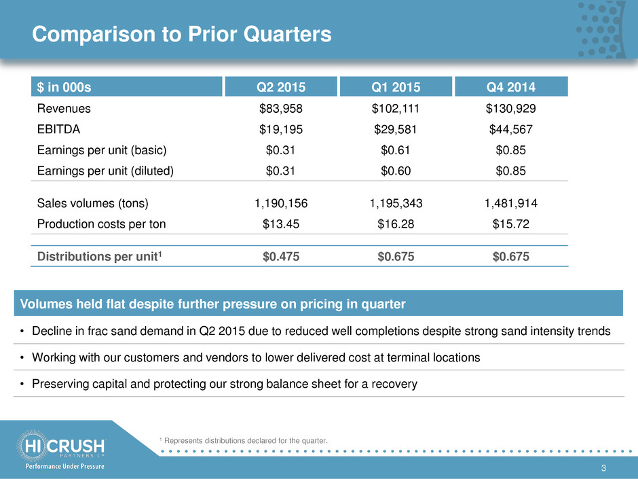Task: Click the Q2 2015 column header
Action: (281, 87)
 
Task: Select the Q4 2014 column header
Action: (511, 87)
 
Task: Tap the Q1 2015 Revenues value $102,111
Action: (396, 108)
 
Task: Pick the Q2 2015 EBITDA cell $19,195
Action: (281, 129)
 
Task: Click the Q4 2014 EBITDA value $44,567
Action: (510, 129)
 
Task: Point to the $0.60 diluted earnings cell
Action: (396, 171)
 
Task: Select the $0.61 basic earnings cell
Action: (396, 150)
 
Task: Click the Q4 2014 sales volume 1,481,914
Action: (510, 203)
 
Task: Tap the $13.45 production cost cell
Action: (281, 224)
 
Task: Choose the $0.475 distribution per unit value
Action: (281, 257)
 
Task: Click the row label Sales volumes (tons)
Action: (93, 203)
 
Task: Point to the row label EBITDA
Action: (58, 129)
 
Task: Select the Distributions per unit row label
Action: (100, 256)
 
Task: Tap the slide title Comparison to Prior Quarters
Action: (181, 34)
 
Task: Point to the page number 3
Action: (603, 468)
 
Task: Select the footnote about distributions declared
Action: (243, 441)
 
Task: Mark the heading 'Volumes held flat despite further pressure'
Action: (213, 304)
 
